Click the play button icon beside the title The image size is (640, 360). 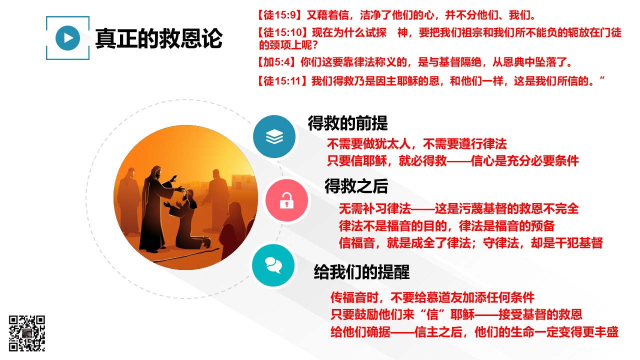67,38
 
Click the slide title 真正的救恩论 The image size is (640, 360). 159,38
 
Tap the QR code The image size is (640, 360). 27,333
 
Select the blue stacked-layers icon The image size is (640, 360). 274,136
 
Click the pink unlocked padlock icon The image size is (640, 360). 286,200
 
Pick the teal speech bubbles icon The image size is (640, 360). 273,265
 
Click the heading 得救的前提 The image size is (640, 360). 347,123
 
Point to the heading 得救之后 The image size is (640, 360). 356,186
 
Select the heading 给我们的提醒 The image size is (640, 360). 361,271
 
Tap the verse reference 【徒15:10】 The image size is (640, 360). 282,32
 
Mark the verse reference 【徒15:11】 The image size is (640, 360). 282,81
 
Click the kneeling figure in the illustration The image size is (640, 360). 188,220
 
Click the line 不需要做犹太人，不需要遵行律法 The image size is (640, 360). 417,144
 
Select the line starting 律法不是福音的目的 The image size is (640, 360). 447,226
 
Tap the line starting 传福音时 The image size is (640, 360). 432,297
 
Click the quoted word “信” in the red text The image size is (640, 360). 432,314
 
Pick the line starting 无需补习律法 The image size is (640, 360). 459,209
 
